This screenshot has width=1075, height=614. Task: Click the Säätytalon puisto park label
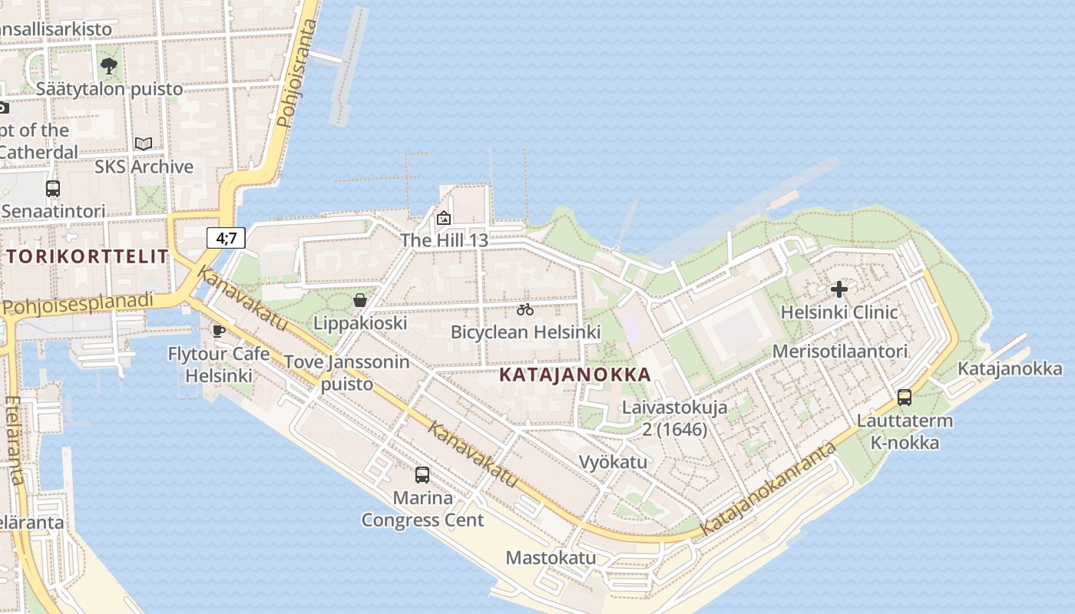(110, 89)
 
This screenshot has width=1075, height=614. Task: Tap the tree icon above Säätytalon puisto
(109, 65)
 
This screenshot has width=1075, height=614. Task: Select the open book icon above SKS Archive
(144, 144)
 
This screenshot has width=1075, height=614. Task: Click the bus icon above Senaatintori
(53, 188)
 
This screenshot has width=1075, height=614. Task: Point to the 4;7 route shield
(226, 238)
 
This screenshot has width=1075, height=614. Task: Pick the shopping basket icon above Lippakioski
(359, 300)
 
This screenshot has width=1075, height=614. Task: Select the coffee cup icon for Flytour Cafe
(219, 331)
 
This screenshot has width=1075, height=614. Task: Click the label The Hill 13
(444, 240)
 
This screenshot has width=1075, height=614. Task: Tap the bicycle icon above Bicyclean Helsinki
(525, 309)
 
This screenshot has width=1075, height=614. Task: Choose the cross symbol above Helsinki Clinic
(839, 289)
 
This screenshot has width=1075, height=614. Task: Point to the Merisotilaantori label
(840, 352)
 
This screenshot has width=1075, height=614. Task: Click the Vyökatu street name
(613, 462)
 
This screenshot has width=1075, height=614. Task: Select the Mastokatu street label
(551, 558)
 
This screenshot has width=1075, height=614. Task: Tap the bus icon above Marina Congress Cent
(422, 474)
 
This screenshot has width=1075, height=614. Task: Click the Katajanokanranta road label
(767, 490)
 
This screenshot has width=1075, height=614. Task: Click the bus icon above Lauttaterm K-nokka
(905, 397)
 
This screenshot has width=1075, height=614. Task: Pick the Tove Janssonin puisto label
(347, 372)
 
